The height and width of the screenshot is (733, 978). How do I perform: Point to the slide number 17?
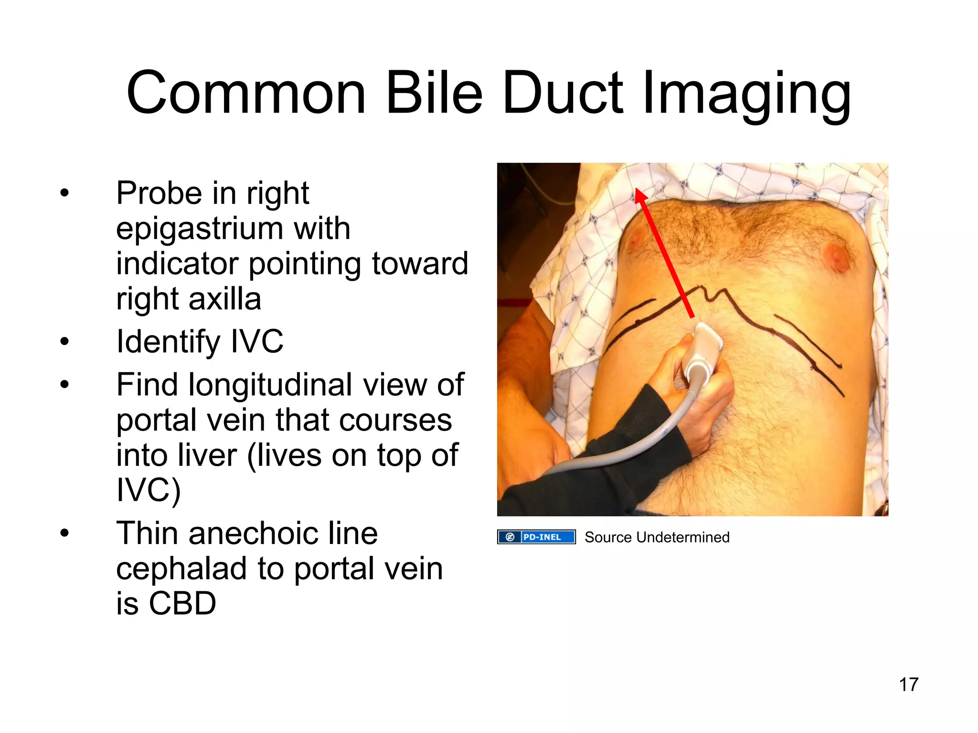(908, 684)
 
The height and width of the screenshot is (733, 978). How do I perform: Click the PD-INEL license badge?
(536, 537)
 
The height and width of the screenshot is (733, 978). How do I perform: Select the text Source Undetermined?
(657, 537)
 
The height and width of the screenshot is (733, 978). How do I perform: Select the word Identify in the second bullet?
(168, 342)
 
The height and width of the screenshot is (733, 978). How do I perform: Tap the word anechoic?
(283, 533)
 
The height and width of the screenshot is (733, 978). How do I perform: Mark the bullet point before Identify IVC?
(65, 342)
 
